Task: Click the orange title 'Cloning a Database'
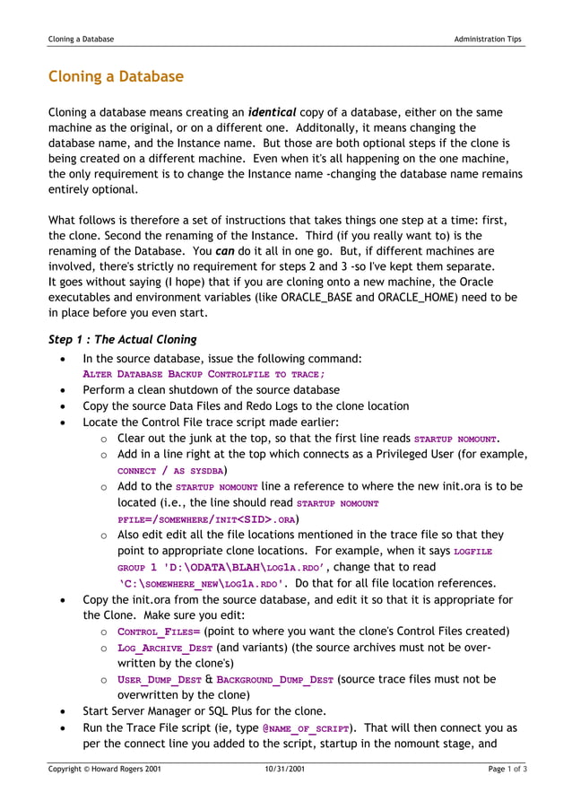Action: coord(116,77)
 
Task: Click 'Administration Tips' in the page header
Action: coord(488,39)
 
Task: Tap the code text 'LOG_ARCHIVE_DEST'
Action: coord(165,649)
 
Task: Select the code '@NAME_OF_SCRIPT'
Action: coord(306,729)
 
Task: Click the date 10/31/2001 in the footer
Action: coord(285,770)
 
